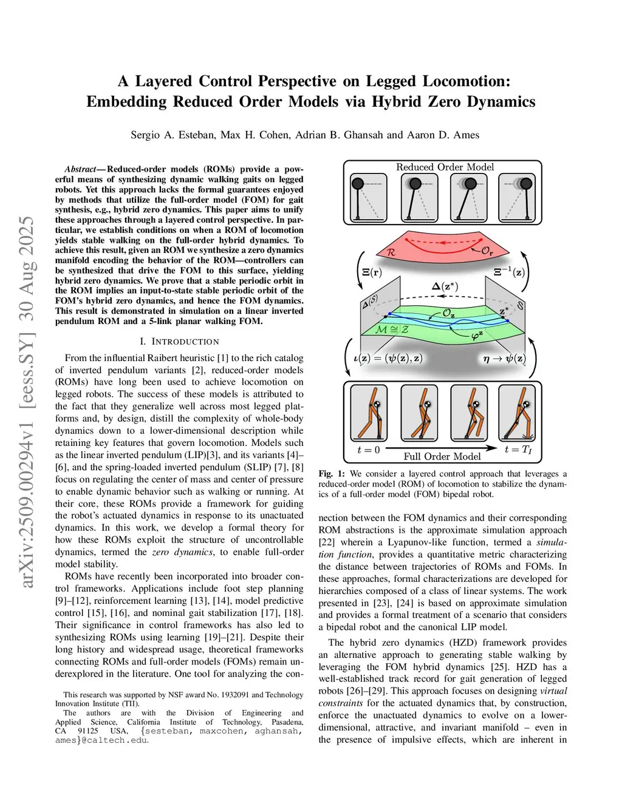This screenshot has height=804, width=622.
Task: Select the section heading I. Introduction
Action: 179,342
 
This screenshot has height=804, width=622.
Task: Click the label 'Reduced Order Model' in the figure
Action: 445,167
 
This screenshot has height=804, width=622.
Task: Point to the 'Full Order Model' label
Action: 442,456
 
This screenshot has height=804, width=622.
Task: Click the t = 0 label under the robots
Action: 369,450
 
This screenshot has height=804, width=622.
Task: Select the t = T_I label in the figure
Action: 518,450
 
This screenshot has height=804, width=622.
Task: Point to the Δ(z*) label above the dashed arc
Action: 445,286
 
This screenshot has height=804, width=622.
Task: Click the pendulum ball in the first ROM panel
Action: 358,184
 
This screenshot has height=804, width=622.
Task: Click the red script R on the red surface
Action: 391,251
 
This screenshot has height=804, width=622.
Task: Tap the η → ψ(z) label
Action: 504,358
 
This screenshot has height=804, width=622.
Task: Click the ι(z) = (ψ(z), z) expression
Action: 388,358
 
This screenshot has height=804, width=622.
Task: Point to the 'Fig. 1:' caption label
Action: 332,474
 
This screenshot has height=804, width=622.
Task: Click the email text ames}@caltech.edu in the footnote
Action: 101,740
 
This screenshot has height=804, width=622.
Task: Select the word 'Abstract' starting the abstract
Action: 80,169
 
